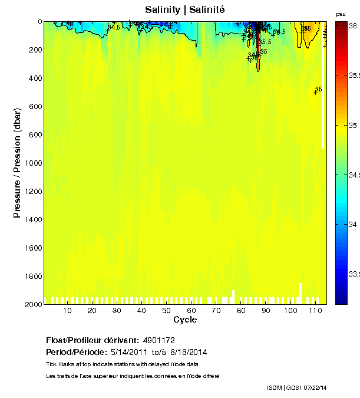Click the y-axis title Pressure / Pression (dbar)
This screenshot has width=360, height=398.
[x=18, y=163]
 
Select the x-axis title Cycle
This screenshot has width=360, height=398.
[x=185, y=320]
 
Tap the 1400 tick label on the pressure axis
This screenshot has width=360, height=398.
[x=33, y=220]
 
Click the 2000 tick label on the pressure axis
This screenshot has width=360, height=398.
[x=33, y=304]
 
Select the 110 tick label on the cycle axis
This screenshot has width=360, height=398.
[x=315, y=311]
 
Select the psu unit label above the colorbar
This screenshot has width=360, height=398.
[x=341, y=14]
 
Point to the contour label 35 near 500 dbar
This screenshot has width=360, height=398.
[x=318, y=90]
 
